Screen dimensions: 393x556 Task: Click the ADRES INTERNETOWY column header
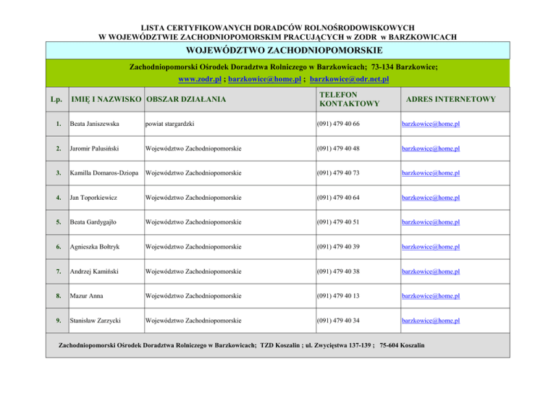[x=449, y=99]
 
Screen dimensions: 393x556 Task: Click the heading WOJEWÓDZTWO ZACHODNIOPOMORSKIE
[x=278, y=50]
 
